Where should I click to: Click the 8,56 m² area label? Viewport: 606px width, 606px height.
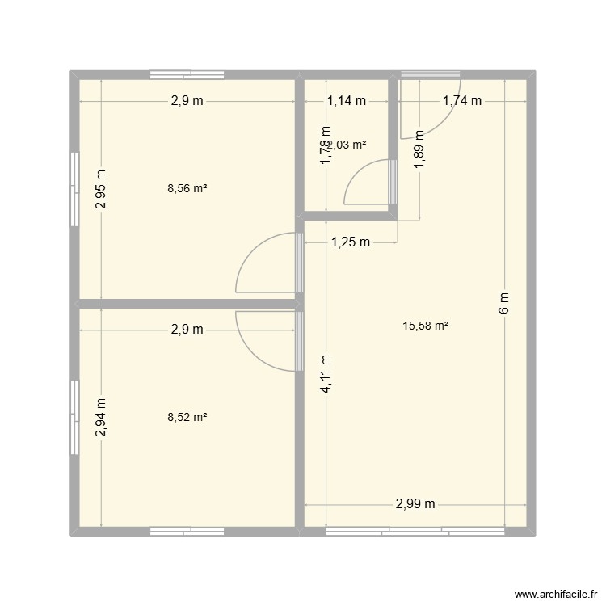(x=187, y=188)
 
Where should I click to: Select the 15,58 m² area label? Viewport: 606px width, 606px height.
(x=425, y=326)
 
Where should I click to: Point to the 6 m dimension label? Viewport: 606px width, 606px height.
(x=504, y=303)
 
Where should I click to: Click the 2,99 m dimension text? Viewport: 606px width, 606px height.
(x=415, y=504)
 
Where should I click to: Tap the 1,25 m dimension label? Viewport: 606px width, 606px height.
(x=350, y=242)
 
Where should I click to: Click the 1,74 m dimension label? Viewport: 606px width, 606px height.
(x=461, y=101)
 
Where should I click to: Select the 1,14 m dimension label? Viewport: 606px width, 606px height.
(x=347, y=101)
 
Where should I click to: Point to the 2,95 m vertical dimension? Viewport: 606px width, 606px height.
(x=100, y=190)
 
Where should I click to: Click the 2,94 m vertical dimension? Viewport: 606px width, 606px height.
(x=100, y=419)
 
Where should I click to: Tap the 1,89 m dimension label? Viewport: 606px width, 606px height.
(x=419, y=150)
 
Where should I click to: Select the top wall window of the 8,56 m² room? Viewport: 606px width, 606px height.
(x=187, y=75)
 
